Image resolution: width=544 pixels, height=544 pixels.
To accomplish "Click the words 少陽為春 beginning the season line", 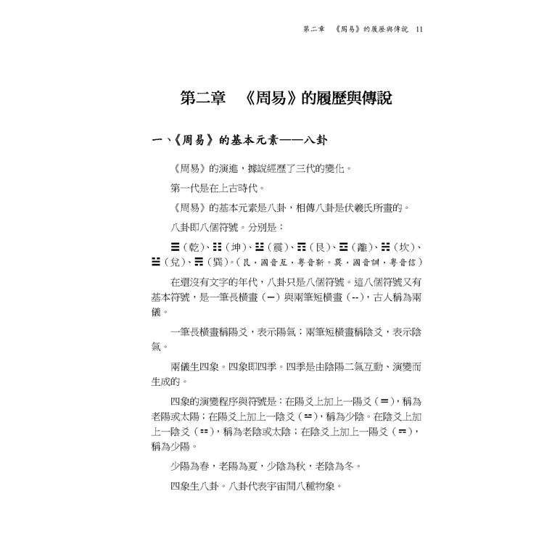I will coord(194,466).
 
